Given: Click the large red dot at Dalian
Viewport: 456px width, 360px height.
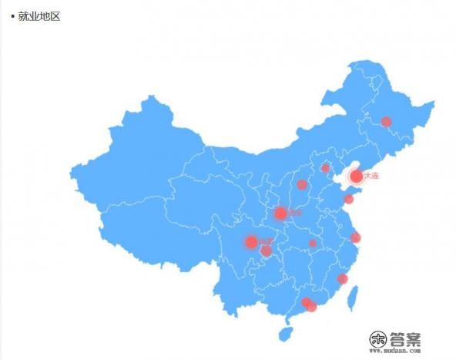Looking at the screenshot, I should tap(356, 176).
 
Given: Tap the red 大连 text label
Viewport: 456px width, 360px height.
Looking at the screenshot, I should tap(371, 176).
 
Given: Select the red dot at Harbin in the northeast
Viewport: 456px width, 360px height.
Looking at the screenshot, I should tap(386, 121).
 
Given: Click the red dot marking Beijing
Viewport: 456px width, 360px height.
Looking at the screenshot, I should tap(325, 167).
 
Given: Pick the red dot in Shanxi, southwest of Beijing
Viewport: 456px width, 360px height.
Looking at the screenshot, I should tap(302, 184).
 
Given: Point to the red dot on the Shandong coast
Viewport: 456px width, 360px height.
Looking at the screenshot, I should tap(348, 199).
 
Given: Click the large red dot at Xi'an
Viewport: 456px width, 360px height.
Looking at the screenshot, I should tap(280, 213).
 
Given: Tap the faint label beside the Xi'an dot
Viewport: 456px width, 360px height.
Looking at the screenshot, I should tap(296, 213).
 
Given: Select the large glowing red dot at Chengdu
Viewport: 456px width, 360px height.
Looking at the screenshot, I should tap(250, 242).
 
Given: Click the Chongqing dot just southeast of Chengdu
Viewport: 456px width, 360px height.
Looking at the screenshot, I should tap(266, 251).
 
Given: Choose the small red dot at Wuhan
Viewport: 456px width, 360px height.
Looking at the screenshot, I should tap(313, 243).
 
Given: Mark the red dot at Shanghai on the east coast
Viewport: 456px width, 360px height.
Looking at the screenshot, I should tap(355, 237).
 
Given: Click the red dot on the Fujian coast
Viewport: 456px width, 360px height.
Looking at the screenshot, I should tap(342, 278).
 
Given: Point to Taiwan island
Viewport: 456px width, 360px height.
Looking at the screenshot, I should tap(354, 295).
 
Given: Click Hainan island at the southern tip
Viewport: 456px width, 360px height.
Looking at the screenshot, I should tap(286, 334).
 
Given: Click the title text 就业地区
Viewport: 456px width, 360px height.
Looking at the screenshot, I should tap(39, 15).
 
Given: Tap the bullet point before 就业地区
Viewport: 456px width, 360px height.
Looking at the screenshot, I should tap(12, 15).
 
